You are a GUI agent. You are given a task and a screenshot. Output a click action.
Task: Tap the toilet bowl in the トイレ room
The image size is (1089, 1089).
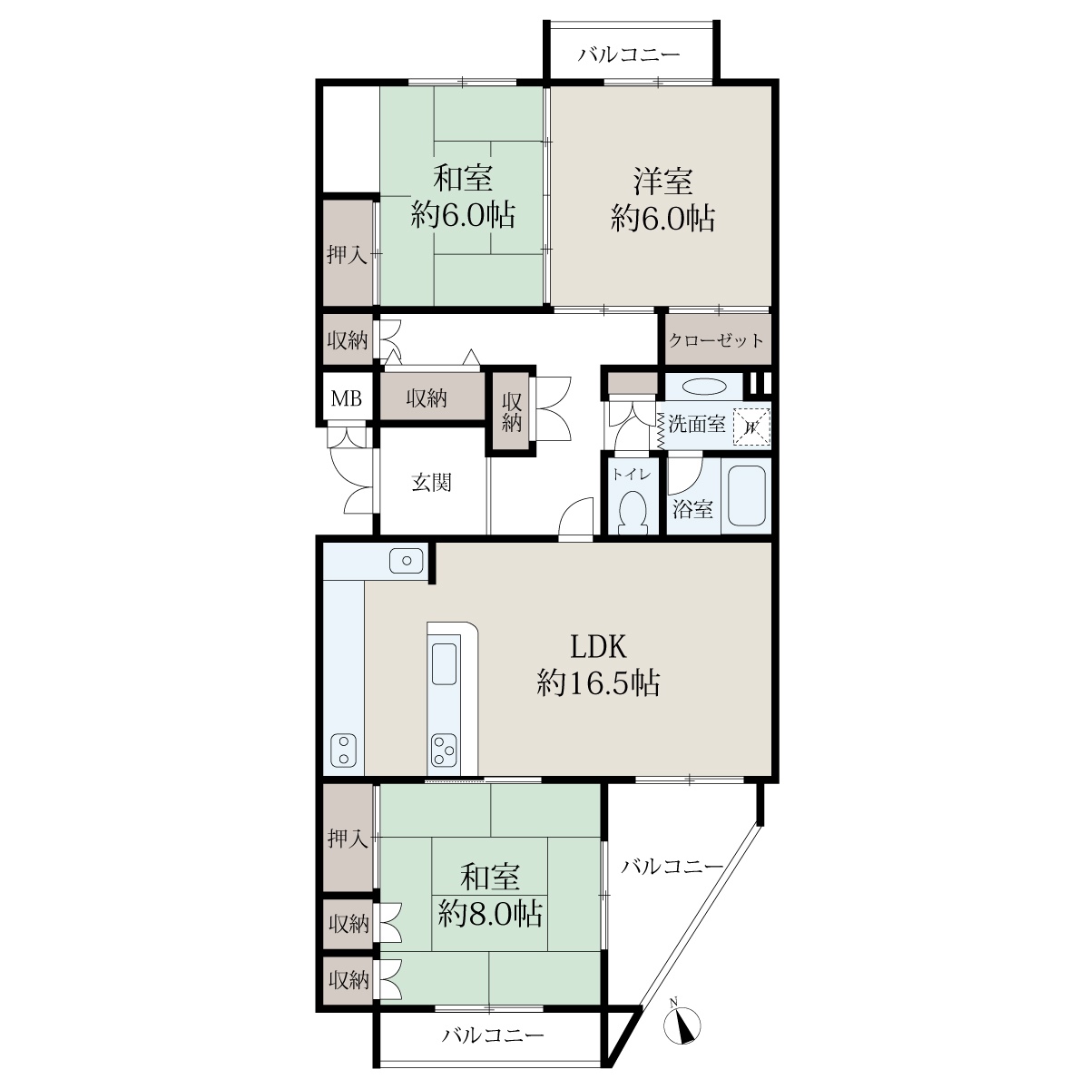click(x=633, y=511)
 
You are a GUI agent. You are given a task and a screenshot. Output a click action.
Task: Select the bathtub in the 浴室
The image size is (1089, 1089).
click(x=746, y=495)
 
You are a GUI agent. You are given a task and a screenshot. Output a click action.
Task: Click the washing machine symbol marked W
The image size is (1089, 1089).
click(x=751, y=427)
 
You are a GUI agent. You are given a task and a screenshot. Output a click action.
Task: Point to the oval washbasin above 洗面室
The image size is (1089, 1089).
click(x=703, y=387)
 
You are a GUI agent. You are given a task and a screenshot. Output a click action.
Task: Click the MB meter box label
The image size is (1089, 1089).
click(x=346, y=399)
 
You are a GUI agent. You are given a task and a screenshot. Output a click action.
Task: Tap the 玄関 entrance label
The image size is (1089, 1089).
click(x=431, y=483)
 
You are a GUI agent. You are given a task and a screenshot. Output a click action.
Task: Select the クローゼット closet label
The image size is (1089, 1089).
click(x=715, y=340)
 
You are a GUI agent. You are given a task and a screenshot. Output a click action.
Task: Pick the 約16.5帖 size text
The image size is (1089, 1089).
click(x=598, y=683)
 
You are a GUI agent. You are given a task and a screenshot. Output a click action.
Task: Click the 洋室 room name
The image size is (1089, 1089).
click(x=662, y=181)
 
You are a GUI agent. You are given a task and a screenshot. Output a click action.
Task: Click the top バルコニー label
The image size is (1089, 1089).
click(x=628, y=54)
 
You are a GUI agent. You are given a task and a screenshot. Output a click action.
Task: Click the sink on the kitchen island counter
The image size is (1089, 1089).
click(x=444, y=664)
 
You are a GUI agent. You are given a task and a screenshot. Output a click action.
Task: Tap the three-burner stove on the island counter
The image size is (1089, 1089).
click(x=443, y=750)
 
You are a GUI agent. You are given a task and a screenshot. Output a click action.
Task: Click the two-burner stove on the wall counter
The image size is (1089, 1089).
click(x=342, y=750)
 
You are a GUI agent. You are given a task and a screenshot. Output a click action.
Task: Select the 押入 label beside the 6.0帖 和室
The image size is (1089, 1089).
click(x=347, y=255)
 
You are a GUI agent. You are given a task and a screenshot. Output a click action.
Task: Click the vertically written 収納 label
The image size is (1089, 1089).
click(x=512, y=412)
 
